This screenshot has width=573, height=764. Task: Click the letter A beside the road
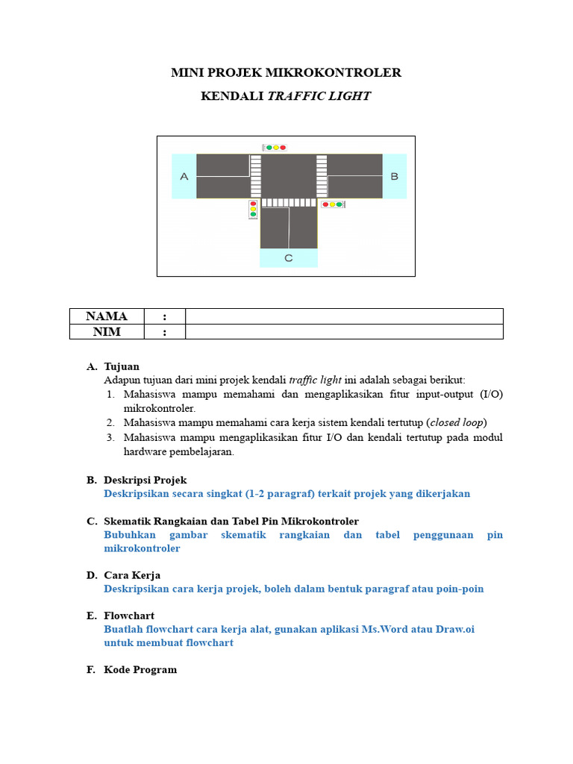pos(184,176)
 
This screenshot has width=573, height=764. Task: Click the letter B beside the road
pos(395,176)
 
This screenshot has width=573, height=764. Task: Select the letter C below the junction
pos(289,258)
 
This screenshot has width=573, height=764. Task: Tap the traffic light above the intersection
pos(275,148)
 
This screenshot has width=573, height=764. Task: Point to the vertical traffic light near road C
pos(253,209)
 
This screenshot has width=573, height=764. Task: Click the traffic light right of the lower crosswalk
pos(333,204)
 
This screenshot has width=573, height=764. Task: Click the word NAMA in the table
pos(107,316)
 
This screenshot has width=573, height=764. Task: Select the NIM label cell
pos(107,332)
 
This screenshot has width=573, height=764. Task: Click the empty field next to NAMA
pos(344,316)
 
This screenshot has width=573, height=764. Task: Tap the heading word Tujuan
pos(122,366)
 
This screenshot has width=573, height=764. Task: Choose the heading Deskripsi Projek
pos(145,480)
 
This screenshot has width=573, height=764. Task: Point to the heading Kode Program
pos(140,669)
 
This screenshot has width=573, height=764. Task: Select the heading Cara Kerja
pos(132,575)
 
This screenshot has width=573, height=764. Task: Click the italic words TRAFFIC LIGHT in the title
pos(319,96)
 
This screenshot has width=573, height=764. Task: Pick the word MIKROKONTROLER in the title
pos(348,72)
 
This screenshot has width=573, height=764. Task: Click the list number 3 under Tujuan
pos(110,437)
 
